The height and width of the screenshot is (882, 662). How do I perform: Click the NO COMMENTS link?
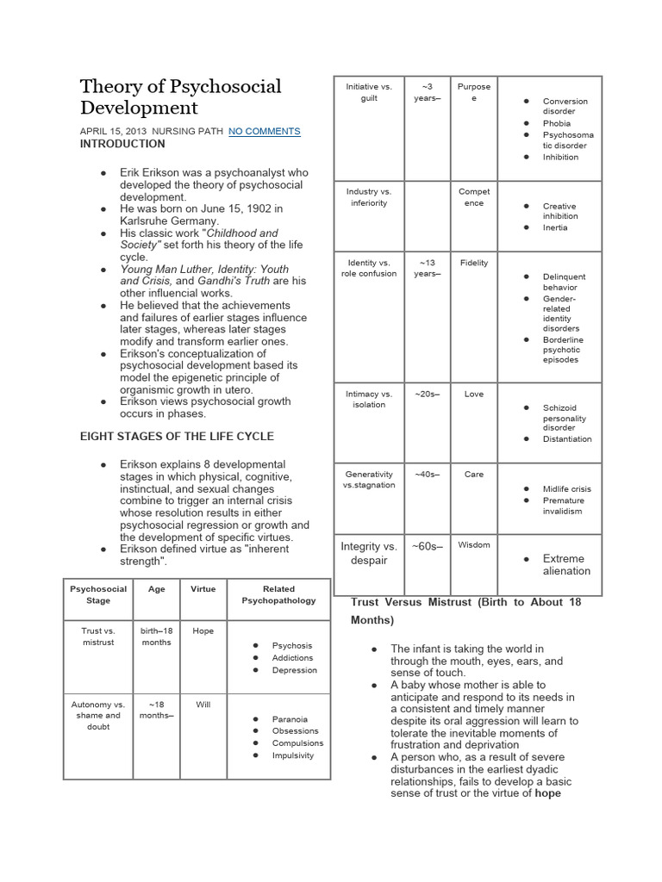pos(264,132)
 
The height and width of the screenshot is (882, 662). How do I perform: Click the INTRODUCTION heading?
pos(122,144)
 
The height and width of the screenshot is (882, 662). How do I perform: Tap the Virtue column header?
pos(203,589)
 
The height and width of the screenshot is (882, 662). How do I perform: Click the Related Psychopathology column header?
pos(278,594)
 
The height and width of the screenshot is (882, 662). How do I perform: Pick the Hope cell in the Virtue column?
pos(203,630)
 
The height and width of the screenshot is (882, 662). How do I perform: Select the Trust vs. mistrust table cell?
pos(98,637)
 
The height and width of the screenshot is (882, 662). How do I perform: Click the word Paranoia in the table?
pos(290,719)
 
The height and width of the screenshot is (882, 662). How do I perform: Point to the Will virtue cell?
pos(203,705)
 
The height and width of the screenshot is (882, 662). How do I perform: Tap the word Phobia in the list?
pos(556,123)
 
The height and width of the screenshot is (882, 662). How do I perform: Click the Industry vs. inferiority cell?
pos(368,197)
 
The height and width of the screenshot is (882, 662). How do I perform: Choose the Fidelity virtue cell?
pos(474,263)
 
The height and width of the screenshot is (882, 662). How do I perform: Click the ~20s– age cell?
pos(427,394)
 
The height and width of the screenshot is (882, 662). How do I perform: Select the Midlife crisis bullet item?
pos(566,489)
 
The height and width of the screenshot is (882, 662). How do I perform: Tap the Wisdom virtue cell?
pos(474,545)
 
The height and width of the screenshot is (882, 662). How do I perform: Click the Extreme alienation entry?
pos(565,564)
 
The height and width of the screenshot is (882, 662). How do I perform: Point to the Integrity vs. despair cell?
pos(368,553)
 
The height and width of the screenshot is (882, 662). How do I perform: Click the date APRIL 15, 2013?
pos(113,132)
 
